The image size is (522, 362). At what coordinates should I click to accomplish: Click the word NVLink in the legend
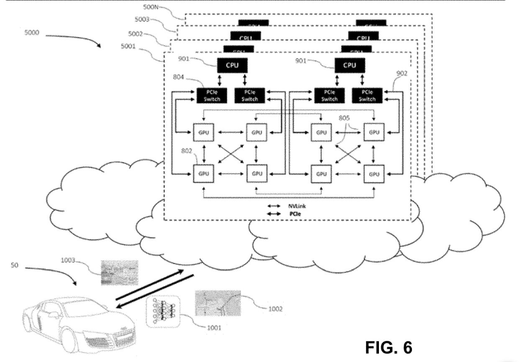pyautogui.click(x=293, y=206)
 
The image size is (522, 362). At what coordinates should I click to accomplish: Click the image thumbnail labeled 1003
pyautogui.click(x=120, y=272)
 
